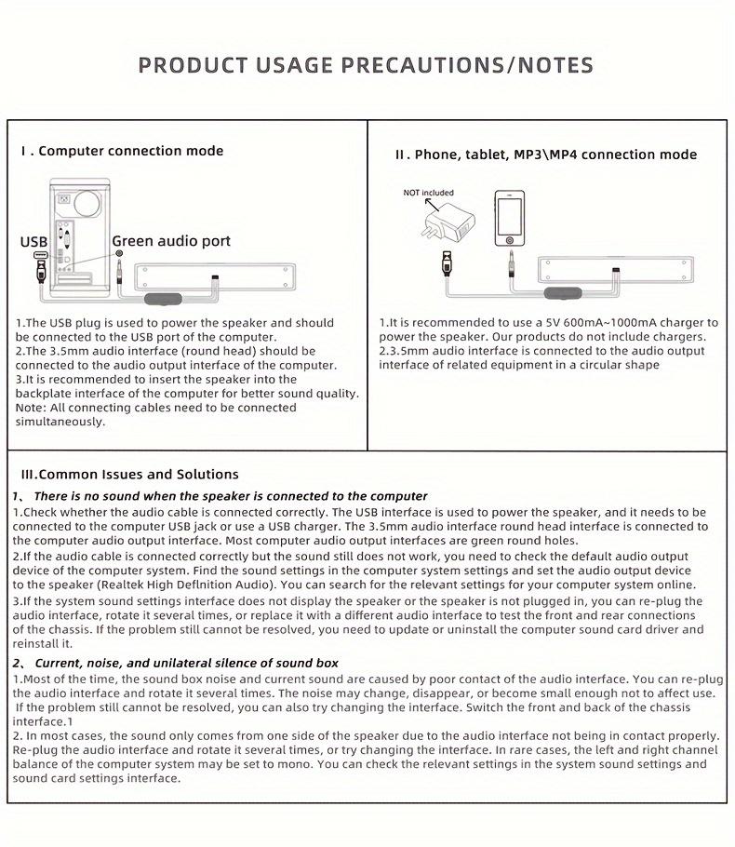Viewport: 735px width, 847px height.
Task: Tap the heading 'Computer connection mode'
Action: click(x=130, y=151)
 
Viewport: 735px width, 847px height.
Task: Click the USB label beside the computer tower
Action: click(x=33, y=242)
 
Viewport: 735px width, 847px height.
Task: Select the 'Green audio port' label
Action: click(x=171, y=241)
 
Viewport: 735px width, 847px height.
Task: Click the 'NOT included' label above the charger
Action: click(x=428, y=193)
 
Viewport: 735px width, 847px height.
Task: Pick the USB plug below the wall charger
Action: click(x=448, y=262)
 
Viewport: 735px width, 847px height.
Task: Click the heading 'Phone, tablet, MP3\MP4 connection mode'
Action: click(x=545, y=155)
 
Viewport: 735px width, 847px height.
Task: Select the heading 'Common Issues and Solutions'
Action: click(x=129, y=474)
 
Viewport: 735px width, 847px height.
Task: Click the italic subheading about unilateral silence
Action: click(x=186, y=663)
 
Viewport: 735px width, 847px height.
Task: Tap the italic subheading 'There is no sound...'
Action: click(x=231, y=496)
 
